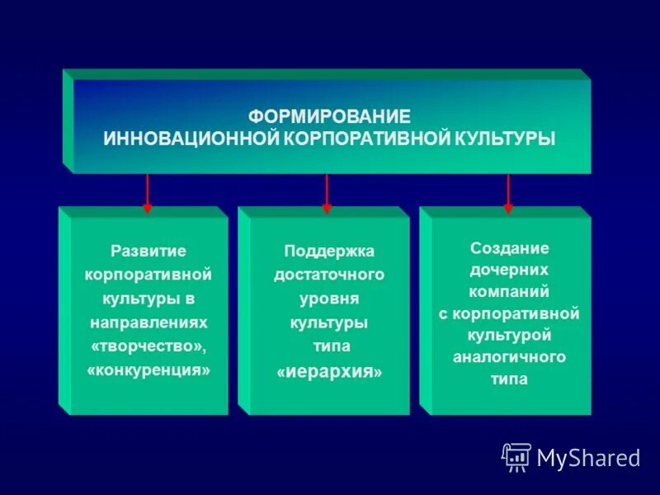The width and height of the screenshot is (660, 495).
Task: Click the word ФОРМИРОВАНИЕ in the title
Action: point(329,116)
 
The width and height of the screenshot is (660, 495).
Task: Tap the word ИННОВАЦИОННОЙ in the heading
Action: point(191,138)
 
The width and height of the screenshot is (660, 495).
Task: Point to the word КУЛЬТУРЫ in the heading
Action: point(506,138)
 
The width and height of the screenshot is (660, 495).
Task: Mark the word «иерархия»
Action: point(329,372)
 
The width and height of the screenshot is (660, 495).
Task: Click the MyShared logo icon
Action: point(516,456)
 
